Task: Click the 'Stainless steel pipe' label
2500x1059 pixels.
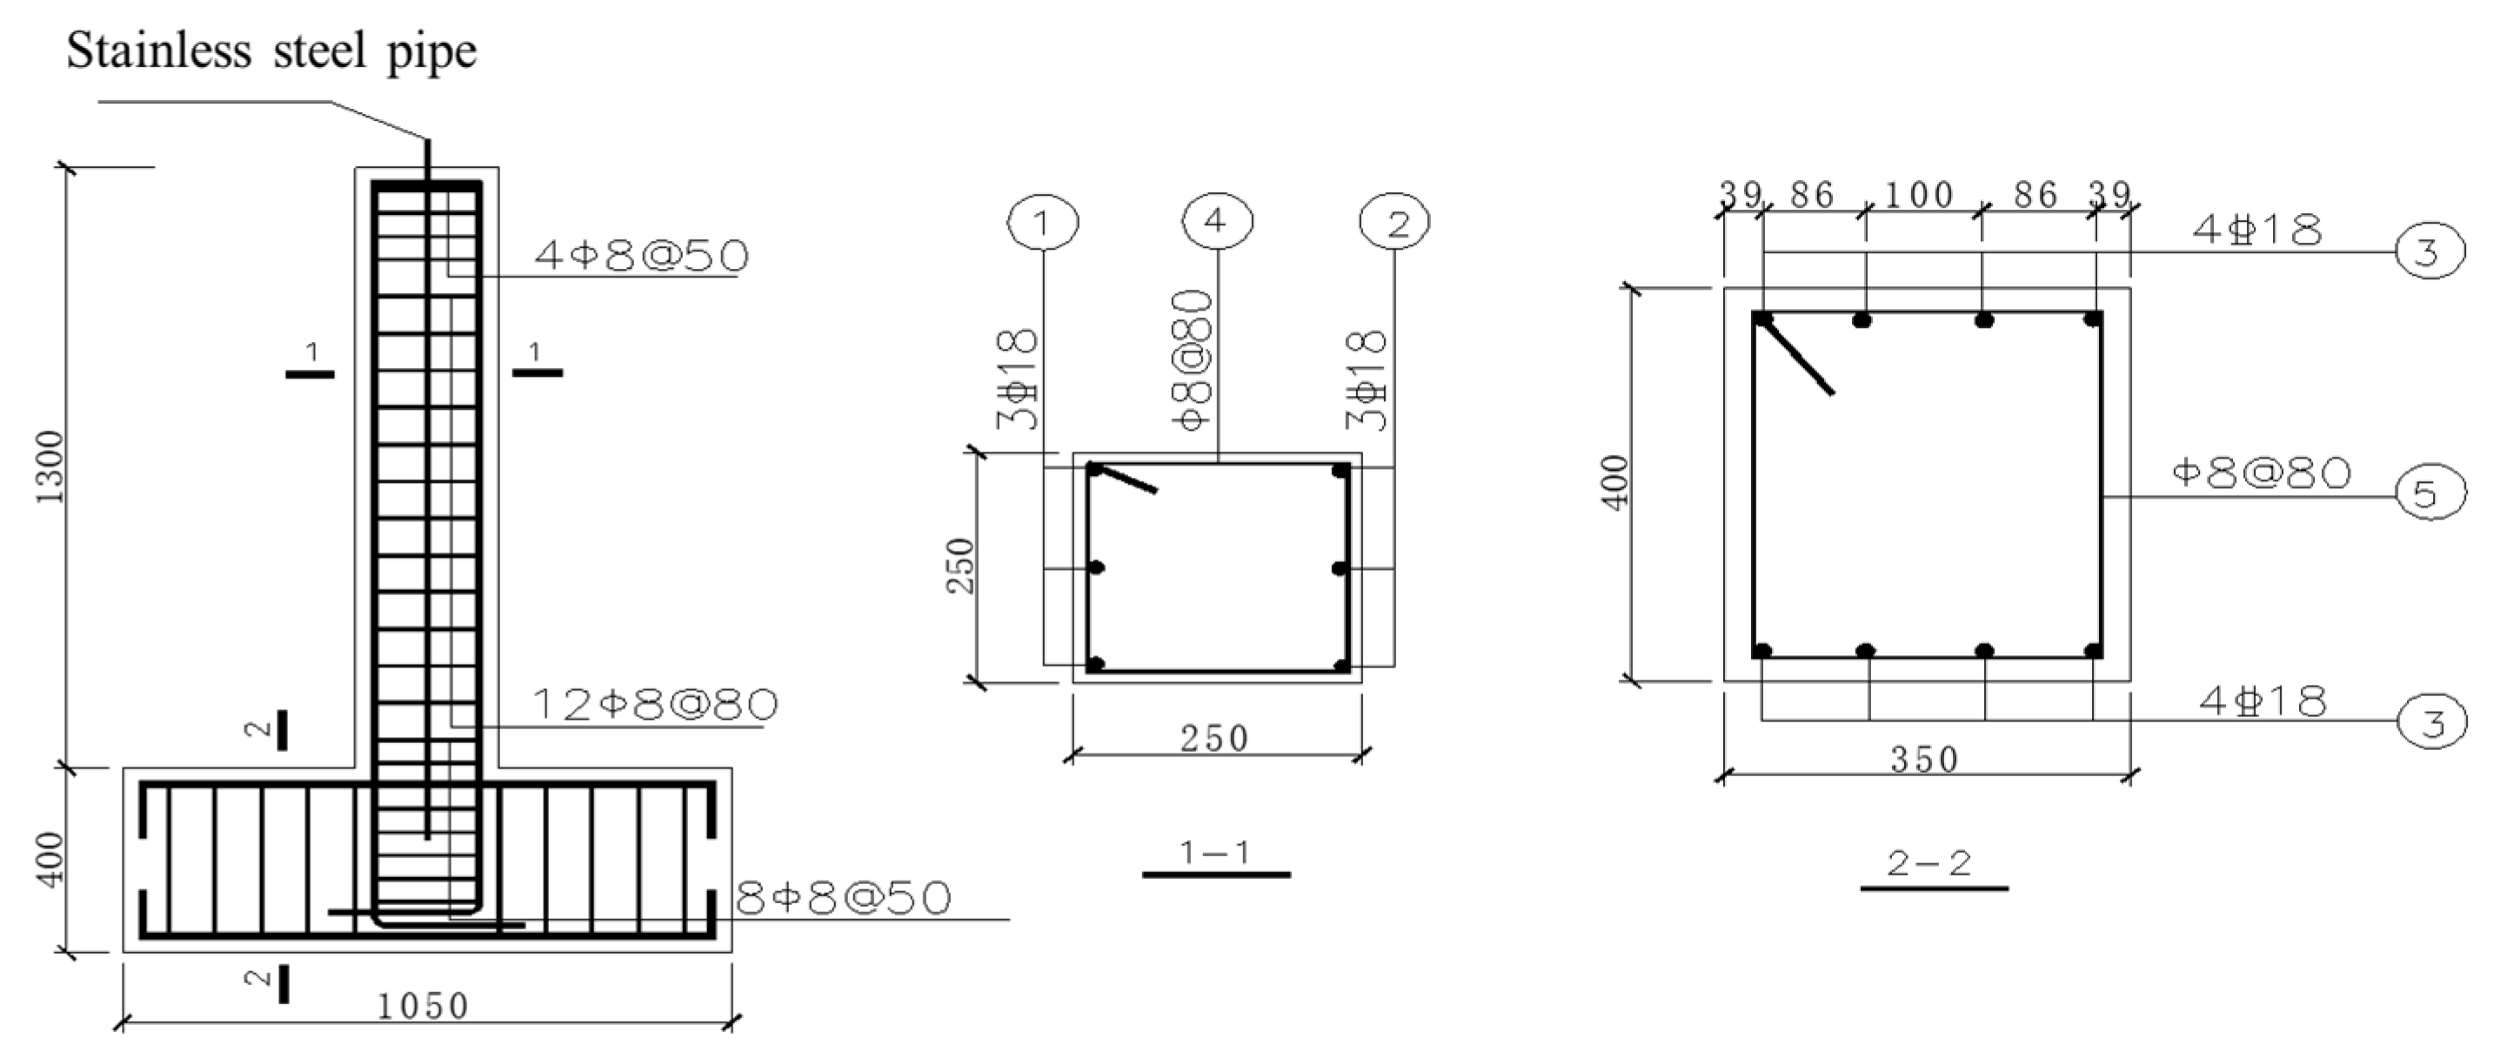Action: (x=271, y=50)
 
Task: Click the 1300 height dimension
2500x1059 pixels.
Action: (x=49, y=466)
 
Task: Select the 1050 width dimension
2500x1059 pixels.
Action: (x=423, y=1007)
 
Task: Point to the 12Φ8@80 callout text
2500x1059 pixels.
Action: (x=656, y=705)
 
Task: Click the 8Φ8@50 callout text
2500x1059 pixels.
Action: (x=842, y=900)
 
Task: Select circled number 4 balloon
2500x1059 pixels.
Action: (x=1217, y=222)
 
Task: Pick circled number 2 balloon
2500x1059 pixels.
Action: (x=1395, y=224)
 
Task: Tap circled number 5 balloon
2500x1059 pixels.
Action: (x=2430, y=493)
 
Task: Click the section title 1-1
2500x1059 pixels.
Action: (x=1215, y=854)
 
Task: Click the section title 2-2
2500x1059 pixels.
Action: (x=1929, y=863)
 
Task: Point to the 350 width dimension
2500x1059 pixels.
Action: (x=1924, y=759)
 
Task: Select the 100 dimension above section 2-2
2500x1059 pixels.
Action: (x=1919, y=195)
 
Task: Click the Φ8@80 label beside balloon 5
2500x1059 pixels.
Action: (x=2263, y=473)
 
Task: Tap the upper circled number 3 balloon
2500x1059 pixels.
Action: (x=2430, y=252)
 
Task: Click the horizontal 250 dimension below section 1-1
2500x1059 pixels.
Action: (x=1214, y=739)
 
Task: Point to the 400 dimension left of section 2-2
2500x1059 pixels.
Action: (x=1616, y=482)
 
